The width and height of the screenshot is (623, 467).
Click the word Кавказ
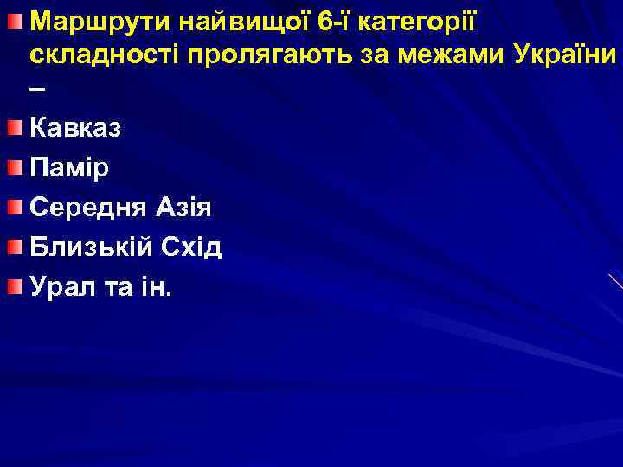pyautogui.click(x=76, y=128)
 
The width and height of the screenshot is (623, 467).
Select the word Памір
pyautogui.click(x=69, y=168)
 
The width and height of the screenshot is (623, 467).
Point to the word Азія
pyautogui.click(x=183, y=208)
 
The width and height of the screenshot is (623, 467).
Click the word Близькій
pyautogui.click(x=93, y=247)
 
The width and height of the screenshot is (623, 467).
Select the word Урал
pyautogui.click(x=58, y=287)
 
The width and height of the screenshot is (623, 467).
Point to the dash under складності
pyautogui.click(x=35, y=91)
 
